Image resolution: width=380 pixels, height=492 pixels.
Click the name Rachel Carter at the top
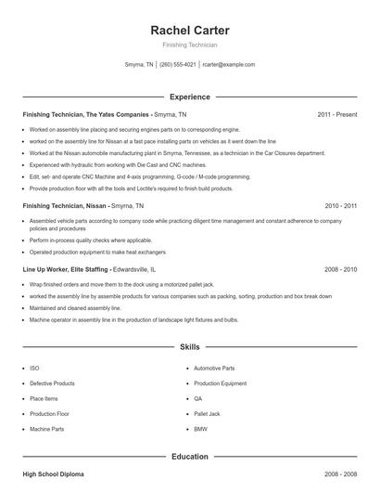pyautogui.click(x=190, y=31)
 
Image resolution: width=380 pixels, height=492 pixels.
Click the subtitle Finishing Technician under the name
pyautogui.click(x=190, y=45)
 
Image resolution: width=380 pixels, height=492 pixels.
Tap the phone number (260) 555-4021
pyautogui.click(x=178, y=65)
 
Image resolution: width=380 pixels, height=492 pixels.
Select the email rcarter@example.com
pyautogui.click(x=229, y=65)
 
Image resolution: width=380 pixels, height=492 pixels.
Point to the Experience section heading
pyautogui.click(x=190, y=97)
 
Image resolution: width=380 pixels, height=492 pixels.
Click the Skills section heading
pyautogui.click(x=190, y=347)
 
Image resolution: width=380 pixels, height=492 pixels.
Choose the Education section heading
pyautogui.click(x=190, y=457)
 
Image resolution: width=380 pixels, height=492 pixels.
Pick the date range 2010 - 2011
pyautogui.click(x=340, y=204)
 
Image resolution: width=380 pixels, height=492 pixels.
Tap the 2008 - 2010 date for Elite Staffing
pyautogui.click(x=340, y=269)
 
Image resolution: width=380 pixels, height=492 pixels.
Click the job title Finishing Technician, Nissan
pyautogui.click(x=65, y=204)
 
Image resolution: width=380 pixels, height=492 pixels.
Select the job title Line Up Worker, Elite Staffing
pyautogui.click(x=65, y=269)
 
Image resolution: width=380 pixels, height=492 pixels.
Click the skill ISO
pyautogui.click(x=34, y=368)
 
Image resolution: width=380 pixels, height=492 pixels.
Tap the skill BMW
pyautogui.click(x=200, y=429)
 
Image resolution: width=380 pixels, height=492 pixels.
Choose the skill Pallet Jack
pyautogui.click(x=206, y=413)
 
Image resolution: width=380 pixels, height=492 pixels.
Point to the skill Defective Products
pyautogui.click(x=52, y=383)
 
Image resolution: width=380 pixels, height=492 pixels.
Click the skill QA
pyautogui.click(x=198, y=398)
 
